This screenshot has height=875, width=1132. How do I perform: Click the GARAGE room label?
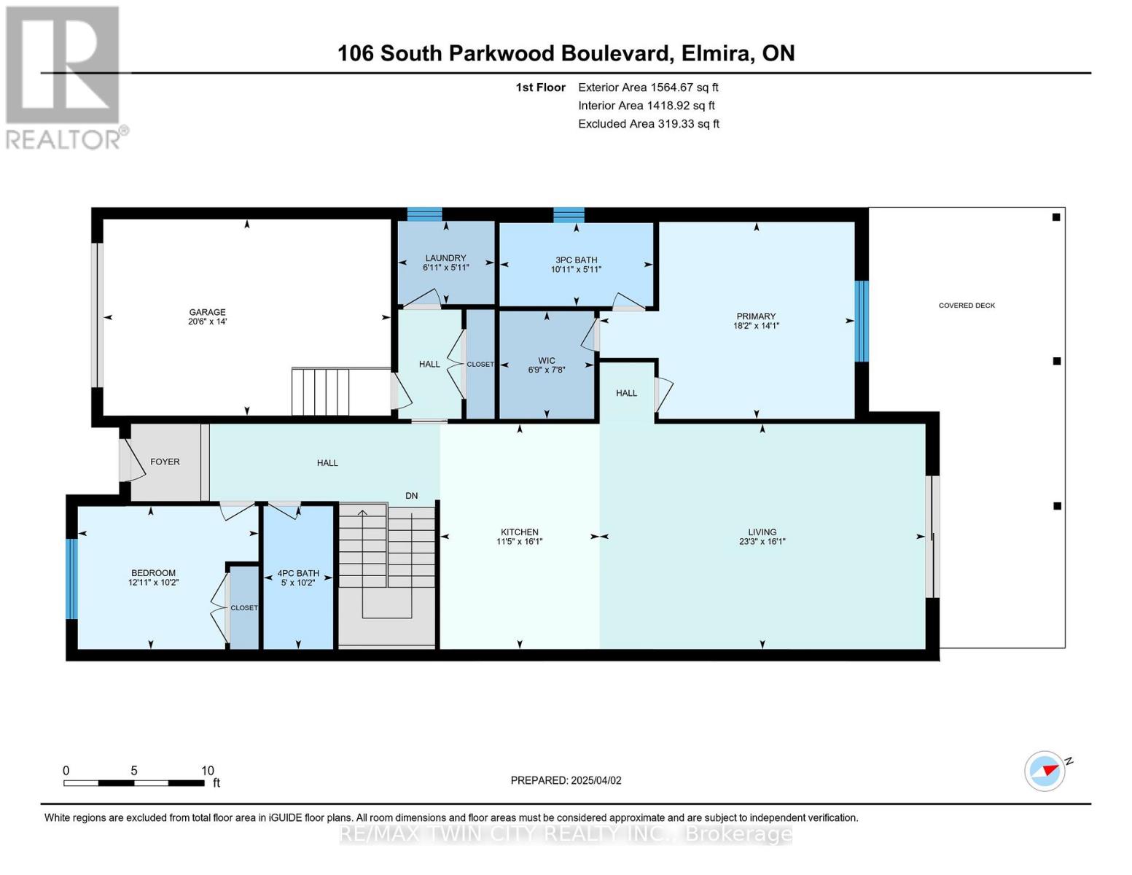[x=207, y=312]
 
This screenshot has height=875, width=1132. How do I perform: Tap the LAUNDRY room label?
[x=445, y=258]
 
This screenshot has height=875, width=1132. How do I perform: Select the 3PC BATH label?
[x=576, y=260]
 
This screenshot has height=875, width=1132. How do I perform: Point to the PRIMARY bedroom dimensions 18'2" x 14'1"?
[x=756, y=326]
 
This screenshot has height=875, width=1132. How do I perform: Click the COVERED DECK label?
[x=967, y=306]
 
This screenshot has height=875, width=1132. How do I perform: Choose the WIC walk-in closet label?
[x=547, y=360]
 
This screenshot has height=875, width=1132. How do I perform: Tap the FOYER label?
[x=165, y=462]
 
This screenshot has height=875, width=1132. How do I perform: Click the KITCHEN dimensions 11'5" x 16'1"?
[x=519, y=542]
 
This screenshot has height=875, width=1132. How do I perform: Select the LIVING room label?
[x=762, y=532]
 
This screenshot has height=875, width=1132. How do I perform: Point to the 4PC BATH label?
[x=298, y=573]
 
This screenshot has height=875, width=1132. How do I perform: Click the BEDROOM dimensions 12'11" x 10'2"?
[x=153, y=583]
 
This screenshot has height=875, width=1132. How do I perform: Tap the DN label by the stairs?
[x=412, y=496]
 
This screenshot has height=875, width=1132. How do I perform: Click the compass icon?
[x=1045, y=771]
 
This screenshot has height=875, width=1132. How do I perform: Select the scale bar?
[x=134, y=783]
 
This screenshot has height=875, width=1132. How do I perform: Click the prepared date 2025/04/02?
[x=596, y=780]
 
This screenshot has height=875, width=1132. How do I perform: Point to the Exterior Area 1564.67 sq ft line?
[x=648, y=87]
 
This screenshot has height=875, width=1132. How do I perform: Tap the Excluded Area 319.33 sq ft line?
[x=648, y=124]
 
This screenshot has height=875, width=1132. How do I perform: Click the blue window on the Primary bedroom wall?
[x=862, y=321]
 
